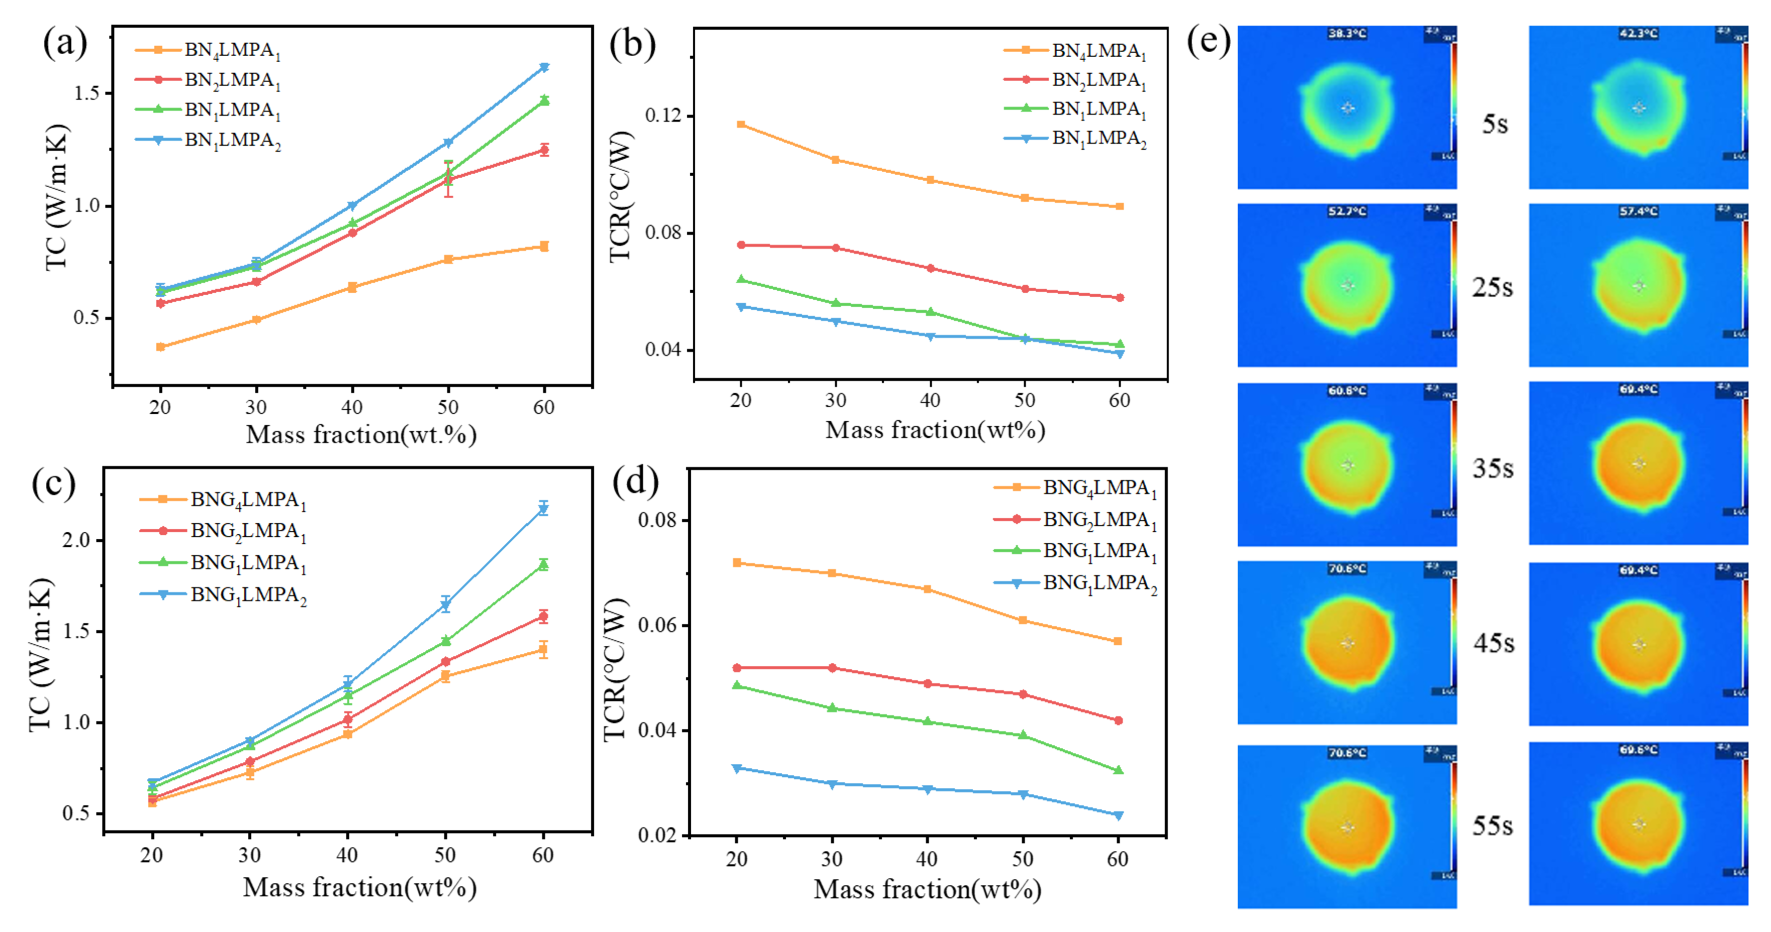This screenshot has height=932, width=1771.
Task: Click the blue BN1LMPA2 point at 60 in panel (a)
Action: (544, 67)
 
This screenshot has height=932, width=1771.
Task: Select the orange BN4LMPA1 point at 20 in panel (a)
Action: (160, 347)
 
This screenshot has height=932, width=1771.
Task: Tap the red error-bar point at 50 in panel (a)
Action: (448, 179)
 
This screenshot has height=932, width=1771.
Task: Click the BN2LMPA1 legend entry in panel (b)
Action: (1098, 80)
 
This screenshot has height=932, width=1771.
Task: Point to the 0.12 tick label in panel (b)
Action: (663, 116)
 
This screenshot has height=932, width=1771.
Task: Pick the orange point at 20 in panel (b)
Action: (740, 125)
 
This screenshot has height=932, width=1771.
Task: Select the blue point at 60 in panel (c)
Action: (543, 508)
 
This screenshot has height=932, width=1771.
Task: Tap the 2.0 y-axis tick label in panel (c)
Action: (76, 540)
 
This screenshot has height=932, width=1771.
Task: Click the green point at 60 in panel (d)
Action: (1118, 771)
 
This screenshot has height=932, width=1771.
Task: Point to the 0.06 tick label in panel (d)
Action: (657, 625)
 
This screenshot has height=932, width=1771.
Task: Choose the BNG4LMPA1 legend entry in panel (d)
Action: (1099, 488)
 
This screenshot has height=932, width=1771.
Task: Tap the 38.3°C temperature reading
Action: (1347, 33)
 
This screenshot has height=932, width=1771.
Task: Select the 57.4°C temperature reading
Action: (1638, 211)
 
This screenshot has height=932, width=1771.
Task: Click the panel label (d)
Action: (635, 481)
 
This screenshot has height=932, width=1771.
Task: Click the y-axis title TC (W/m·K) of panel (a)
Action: (58, 197)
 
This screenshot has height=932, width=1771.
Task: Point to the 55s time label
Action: (1493, 825)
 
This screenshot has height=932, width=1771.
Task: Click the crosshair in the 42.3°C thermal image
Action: (1639, 108)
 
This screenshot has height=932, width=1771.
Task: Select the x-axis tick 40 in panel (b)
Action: (930, 400)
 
